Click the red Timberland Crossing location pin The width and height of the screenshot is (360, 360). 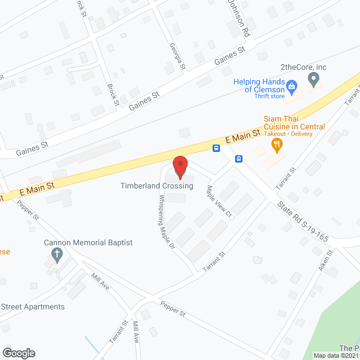pyautogui.click(x=180, y=166)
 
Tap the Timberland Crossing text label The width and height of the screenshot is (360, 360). pyautogui.click(x=153, y=186)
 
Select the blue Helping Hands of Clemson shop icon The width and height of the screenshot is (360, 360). pyautogui.click(x=291, y=86)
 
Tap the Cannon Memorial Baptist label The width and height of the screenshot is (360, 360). pyautogui.click(x=88, y=243)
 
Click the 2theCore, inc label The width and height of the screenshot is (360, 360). pyautogui.click(x=304, y=67)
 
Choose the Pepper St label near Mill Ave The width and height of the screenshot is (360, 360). pyautogui.click(x=173, y=309)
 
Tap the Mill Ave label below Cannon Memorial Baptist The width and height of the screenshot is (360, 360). pyautogui.click(x=100, y=281)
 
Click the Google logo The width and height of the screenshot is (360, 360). pyautogui.click(x=18, y=353)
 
